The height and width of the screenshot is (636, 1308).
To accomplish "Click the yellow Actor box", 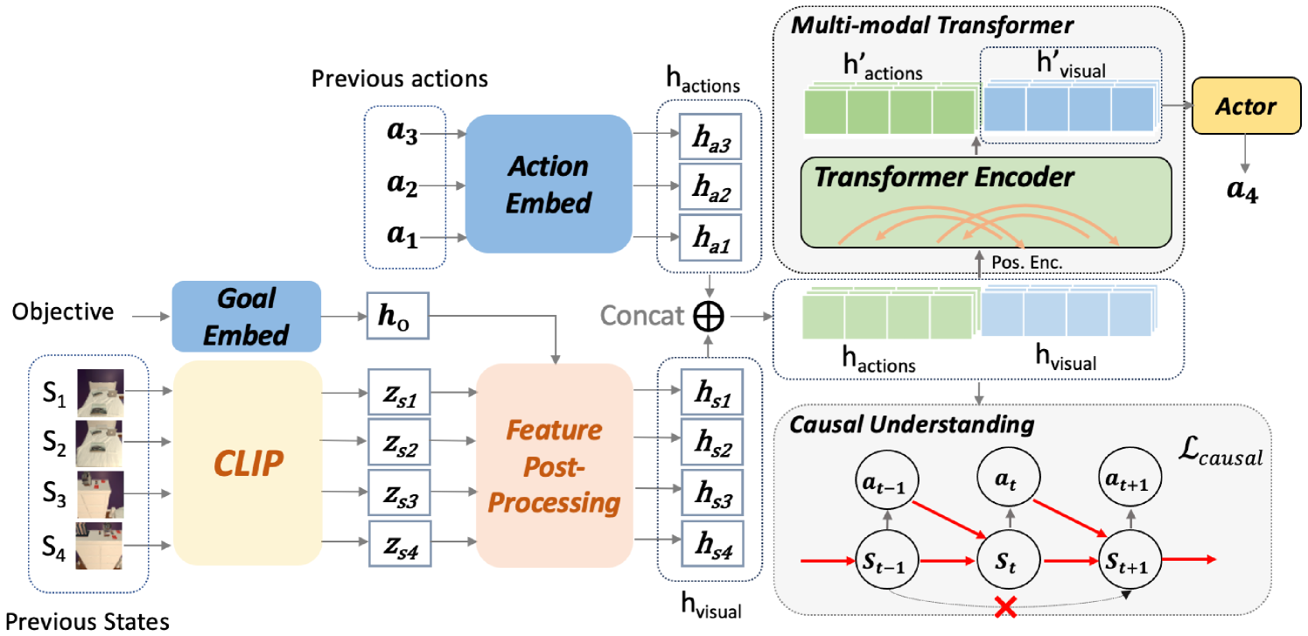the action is point(1246,106).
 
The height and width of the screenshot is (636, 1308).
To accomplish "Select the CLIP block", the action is point(248,463).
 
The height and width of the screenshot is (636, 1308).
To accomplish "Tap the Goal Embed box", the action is point(247,317).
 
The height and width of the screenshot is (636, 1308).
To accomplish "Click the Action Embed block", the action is point(549,184).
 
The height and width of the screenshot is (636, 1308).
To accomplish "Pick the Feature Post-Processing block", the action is point(554,465).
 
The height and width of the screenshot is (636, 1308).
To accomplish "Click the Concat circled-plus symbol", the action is point(709,317).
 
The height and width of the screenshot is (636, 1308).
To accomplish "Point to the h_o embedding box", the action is point(398,316).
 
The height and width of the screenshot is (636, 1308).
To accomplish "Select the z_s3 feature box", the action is point(400,493).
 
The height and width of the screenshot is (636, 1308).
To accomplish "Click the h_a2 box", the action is point(710,187).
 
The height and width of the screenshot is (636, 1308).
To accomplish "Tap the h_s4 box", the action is point(712,544).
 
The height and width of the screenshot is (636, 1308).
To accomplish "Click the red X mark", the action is point(1005,607).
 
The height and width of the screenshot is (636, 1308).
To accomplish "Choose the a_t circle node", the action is point(1009,479).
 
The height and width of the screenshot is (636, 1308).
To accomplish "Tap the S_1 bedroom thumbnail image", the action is point(101,393).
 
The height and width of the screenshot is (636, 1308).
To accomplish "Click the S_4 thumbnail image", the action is point(99,546).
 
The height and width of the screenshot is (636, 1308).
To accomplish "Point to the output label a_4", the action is point(1242,190).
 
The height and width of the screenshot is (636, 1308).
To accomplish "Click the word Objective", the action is point(63,311).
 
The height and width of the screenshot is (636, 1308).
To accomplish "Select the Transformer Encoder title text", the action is point(944,177).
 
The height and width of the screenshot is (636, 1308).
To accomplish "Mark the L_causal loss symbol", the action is point(1221,451).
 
